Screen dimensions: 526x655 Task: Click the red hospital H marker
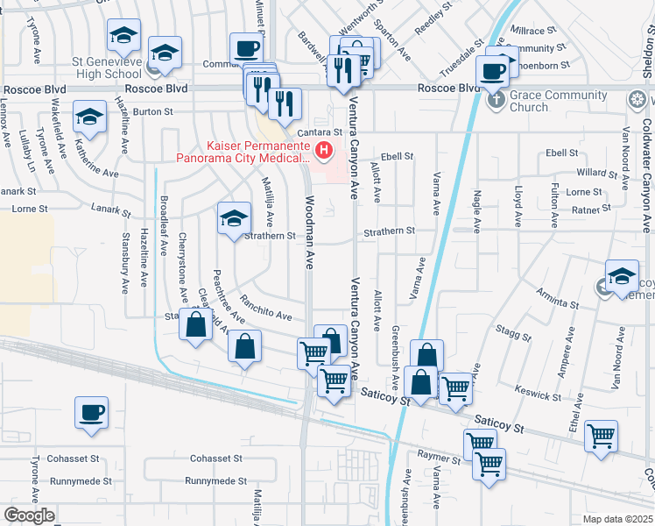(x=325, y=152)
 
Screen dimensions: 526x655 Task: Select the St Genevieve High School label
(x=107, y=68)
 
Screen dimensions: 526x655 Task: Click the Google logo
(x=29, y=515)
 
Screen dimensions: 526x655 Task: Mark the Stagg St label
(x=512, y=331)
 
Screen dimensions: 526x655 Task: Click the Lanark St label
(x=110, y=210)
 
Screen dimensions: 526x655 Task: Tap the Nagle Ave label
(x=476, y=212)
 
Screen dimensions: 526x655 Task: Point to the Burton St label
(x=153, y=112)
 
